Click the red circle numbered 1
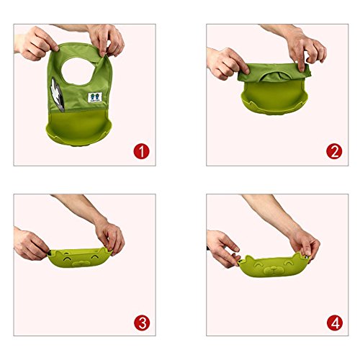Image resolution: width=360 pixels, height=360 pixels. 141,151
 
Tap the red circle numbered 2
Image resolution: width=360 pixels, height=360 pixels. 334,151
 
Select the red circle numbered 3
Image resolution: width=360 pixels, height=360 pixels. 142,323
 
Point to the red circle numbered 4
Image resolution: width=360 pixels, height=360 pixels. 335,323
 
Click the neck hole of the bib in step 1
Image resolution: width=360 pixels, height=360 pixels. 78,71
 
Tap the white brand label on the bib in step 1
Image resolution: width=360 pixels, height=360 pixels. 95,97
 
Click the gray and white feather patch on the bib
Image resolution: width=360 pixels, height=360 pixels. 57,94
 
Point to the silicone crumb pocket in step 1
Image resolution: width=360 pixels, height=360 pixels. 78,127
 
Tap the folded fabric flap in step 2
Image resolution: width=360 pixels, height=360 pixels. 274,72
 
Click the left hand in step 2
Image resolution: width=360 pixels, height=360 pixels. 227,63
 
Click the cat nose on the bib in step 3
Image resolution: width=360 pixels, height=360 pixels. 81,263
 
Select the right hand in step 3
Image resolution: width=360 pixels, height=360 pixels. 110,238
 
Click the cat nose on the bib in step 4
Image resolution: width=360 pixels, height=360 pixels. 274,270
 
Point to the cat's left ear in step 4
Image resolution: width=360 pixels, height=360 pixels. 248,259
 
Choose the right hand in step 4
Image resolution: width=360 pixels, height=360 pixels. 305,243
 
